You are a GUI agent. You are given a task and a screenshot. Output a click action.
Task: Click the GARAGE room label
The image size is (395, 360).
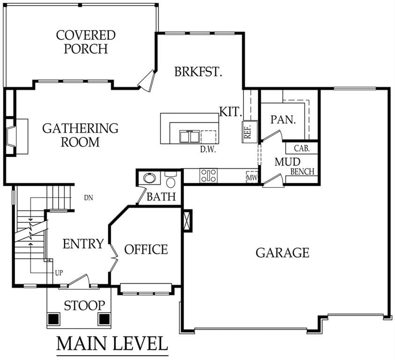[x=282, y=253]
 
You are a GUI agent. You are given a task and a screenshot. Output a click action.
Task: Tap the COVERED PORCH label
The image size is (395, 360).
[x=86, y=42]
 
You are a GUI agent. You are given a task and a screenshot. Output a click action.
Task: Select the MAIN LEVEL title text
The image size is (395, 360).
[x=112, y=344]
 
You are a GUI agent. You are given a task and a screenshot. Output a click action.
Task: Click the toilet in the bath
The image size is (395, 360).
[x=171, y=180]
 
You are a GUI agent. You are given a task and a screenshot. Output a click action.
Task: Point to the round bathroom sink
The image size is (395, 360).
[x=150, y=178]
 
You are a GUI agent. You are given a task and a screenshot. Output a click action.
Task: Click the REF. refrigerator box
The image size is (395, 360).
[x=250, y=132]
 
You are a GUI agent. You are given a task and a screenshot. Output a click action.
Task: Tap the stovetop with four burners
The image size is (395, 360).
[x=208, y=175]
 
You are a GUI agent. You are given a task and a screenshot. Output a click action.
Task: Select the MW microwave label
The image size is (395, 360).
[x=251, y=178]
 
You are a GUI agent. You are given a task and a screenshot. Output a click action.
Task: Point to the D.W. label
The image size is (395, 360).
[x=208, y=149]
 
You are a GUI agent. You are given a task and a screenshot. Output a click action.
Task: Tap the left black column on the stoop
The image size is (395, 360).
[x=53, y=319]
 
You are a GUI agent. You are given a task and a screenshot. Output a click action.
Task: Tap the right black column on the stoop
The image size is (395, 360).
[x=104, y=319]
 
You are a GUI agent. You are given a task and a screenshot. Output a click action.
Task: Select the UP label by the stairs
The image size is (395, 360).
[x=59, y=273]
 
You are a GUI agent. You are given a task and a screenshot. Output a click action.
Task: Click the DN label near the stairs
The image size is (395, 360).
[x=88, y=198]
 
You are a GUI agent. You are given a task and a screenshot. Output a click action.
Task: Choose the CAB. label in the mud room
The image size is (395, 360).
[x=302, y=148]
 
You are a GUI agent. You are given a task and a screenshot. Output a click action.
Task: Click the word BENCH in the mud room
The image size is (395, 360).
[x=302, y=172]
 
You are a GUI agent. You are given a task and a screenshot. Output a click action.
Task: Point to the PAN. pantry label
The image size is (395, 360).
[x=283, y=120]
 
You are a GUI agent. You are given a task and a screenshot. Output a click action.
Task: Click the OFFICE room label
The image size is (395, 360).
[x=146, y=249]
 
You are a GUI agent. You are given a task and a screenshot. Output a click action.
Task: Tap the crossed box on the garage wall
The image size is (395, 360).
[x=188, y=220]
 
